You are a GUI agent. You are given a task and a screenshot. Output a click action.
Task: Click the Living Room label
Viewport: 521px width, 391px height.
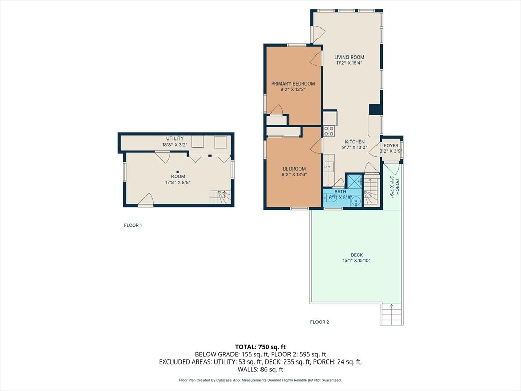point(349,57)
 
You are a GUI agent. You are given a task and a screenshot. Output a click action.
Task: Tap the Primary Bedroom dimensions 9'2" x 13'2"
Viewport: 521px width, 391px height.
point(293,90)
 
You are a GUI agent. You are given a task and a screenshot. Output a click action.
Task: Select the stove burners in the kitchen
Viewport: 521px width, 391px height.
point(329,131)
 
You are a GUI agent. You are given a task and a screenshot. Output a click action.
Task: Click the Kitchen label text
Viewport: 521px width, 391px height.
point(355,142)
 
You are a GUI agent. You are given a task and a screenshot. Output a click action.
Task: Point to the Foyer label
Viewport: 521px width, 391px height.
point(391,146)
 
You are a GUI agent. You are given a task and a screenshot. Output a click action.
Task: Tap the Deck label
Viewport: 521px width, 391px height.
point(357,255)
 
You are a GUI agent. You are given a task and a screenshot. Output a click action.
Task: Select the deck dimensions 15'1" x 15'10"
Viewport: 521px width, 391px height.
point(357,261)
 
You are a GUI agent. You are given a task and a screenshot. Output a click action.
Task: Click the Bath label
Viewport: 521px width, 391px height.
point(340,192)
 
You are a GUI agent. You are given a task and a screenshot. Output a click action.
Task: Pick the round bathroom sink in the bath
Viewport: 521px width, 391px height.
point(356,202)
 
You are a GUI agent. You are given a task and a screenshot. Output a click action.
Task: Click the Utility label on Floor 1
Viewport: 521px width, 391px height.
point(175,138)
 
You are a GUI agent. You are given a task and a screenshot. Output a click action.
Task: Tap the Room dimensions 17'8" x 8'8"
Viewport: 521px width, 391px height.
point(178,182)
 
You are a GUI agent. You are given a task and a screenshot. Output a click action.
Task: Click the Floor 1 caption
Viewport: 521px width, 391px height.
point(133,225)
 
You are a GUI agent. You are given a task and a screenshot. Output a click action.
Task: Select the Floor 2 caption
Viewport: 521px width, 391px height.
point(320,322)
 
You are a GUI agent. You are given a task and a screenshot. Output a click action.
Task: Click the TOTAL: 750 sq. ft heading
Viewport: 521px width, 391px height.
point(260,347)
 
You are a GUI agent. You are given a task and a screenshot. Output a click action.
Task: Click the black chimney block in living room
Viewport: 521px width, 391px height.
point(375,109)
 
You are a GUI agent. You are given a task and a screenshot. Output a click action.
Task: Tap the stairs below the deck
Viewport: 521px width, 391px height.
point(392,315)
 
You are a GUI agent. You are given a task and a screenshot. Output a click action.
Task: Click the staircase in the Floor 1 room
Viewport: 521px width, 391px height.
point(220,198)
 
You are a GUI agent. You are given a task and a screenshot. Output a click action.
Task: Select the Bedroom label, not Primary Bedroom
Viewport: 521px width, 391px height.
point(294,169)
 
